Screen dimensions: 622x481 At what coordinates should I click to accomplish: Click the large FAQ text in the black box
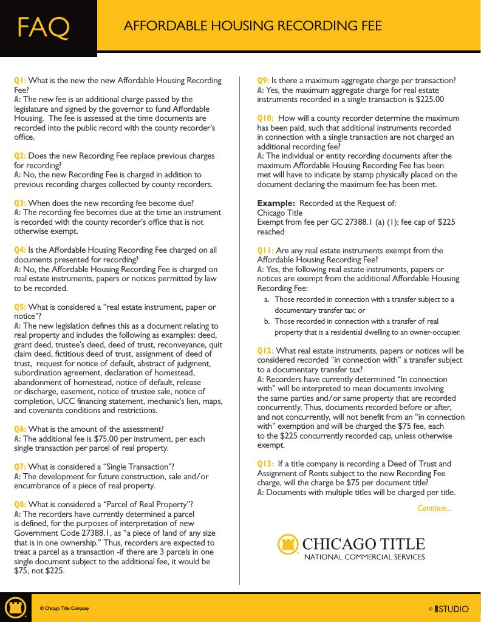point(43,27)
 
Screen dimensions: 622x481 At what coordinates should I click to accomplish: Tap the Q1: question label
point(20,80)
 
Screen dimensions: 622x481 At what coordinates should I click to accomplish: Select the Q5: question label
point(20,307)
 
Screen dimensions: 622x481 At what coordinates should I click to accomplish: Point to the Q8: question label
point(20,504)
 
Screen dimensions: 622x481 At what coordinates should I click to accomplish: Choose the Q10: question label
point(265,118)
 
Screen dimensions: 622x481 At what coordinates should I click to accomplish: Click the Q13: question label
point(265,464)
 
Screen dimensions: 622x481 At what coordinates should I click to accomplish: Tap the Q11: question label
point(265,250)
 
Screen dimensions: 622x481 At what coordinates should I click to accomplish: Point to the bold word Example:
point(276,203)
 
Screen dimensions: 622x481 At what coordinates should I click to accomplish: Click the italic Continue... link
point(434,508)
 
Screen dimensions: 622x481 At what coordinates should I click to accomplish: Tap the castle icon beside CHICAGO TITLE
point(289,545)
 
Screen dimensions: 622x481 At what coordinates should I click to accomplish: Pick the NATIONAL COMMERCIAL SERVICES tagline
point(364,556)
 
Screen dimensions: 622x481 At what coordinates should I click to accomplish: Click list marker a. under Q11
point(267,299)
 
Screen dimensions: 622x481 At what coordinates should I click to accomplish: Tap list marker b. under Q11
point(267,321)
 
